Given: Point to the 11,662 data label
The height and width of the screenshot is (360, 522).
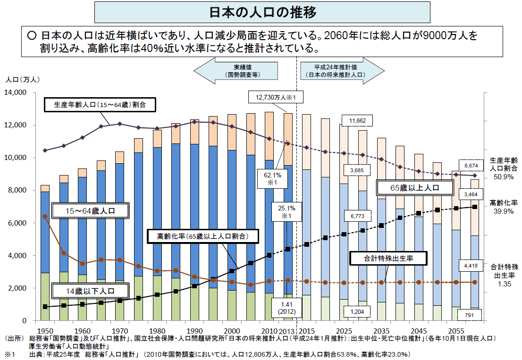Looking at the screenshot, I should (x=357, y=121).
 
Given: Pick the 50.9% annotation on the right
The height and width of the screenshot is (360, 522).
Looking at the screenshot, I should (x=503, y=177).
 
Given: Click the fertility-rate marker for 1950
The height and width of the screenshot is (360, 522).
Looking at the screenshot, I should (x=45, y=217).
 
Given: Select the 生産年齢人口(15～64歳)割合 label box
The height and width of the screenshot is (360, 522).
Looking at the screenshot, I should (x=101, y=105).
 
